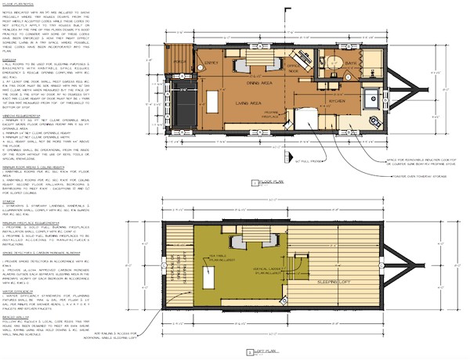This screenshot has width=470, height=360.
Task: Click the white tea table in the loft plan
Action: click(210, 274)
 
